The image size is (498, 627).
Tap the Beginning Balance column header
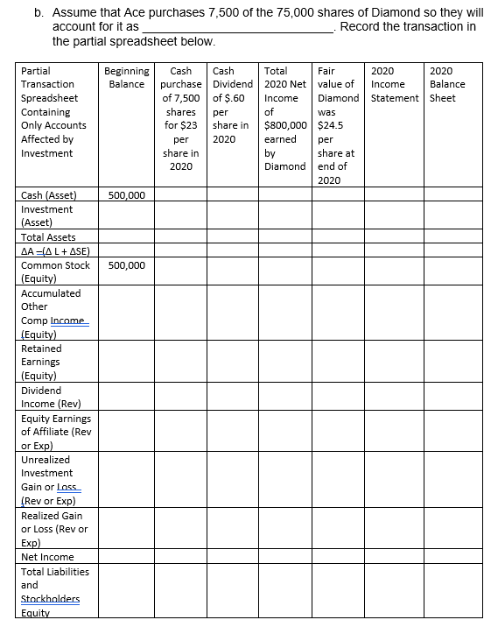coord(127,77)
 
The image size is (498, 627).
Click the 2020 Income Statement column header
coord(395,84)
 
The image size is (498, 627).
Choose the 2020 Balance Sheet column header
coord(448,84)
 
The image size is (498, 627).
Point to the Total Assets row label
coord(48,237)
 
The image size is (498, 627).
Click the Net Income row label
coord(47,557)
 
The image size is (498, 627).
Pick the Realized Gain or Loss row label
coord(53,529)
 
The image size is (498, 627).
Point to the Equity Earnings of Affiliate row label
coord(55,431)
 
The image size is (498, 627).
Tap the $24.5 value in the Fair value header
coord(331,125)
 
